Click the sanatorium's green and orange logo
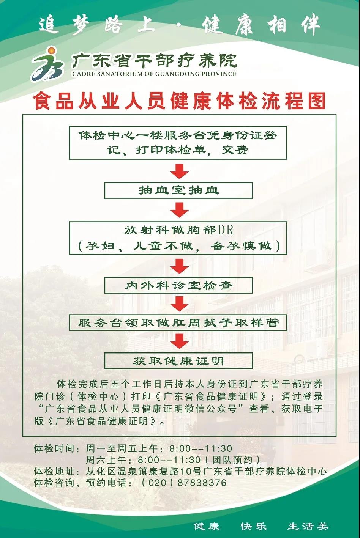(x=48, y=64)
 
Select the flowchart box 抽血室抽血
(x=178, y=190)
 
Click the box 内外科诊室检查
(x=178, y=285)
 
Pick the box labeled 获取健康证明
(x=178, y=361)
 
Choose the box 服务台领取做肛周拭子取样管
(x=178, y=322)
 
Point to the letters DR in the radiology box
(x=226, y=230)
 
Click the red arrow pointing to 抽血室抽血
(x=180, y=171)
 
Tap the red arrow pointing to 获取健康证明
(x=180, y=341)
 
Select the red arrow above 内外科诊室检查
(x=180, y=266)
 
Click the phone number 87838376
(x=202, y=483)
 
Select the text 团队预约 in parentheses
(x=232, y=460)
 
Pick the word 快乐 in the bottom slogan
(x=254, y=527)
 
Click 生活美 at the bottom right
(x=308, y=527)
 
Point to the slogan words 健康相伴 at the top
(x=261, y=24)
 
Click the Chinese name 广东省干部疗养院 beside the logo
(x=154, y=61)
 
